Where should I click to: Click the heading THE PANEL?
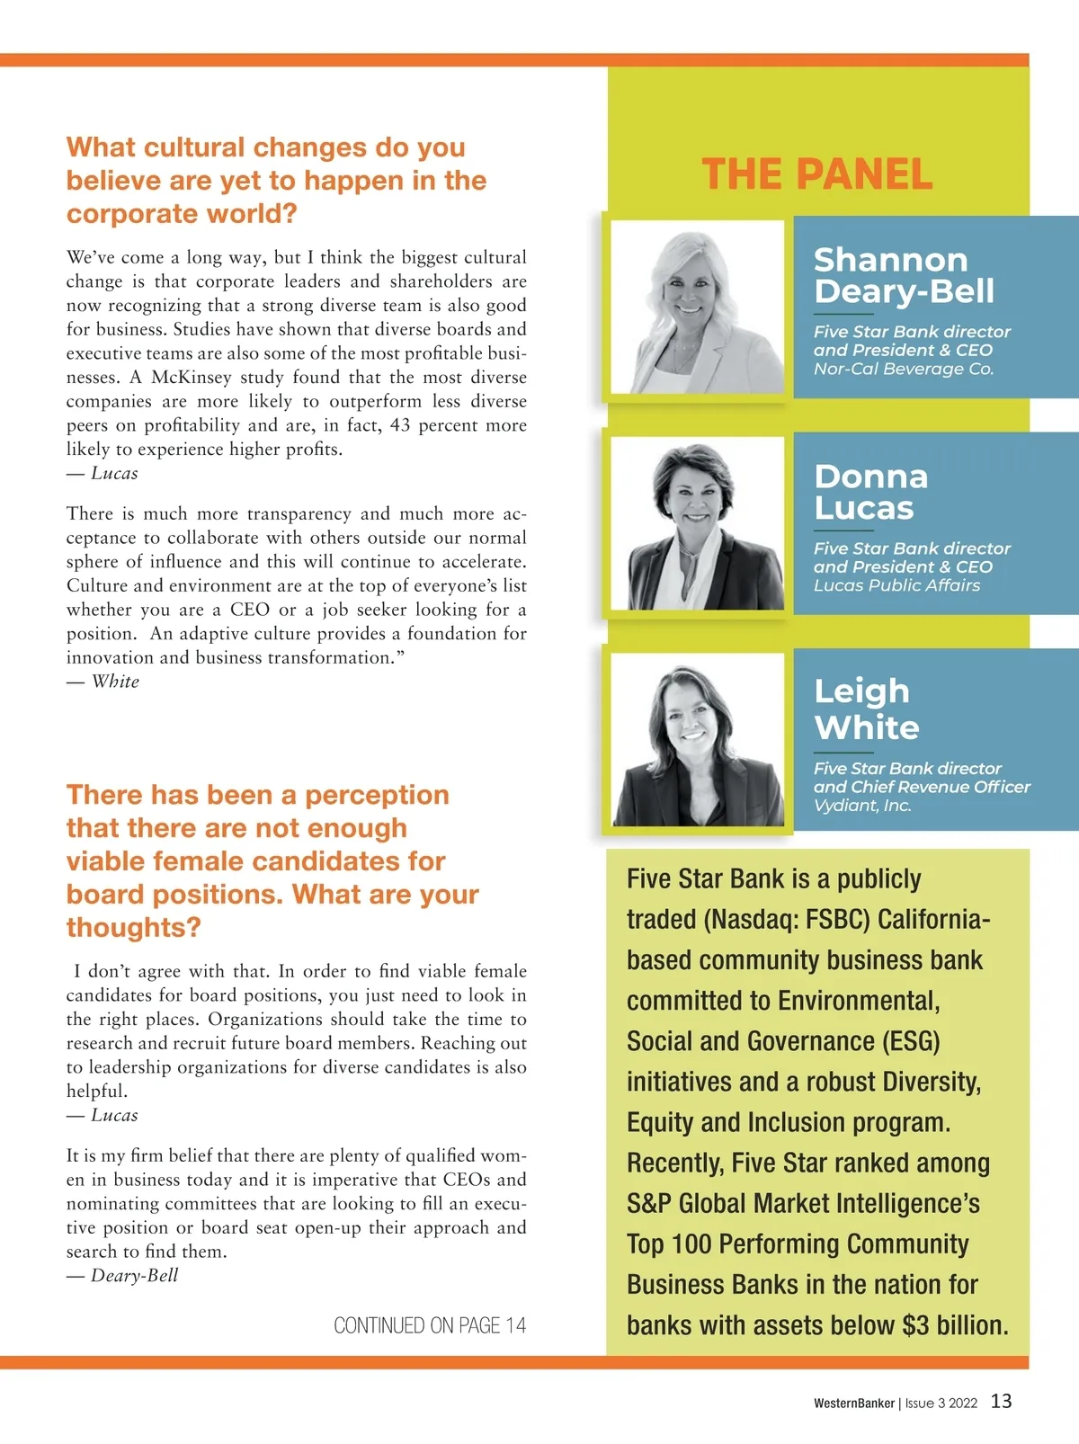[816, 174]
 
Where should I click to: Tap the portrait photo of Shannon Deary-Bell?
[698, 307]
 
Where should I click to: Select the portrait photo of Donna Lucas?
[698, 523]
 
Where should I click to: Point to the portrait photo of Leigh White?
[698, 740]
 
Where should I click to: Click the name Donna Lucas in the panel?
[870, 492]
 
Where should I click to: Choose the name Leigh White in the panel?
[866, 709]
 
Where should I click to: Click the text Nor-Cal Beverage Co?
[904, 369]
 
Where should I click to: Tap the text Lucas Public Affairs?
[896, 585]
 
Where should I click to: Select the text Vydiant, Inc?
[862, 806]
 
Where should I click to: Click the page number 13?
[1001, 1401]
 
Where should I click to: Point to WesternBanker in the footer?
[854, 1403]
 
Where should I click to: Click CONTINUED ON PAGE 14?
[430, 1325]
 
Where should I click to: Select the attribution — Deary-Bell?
[123, 1275]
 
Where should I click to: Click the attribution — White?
[103, 682]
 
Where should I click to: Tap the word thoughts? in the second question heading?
[133, 927]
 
